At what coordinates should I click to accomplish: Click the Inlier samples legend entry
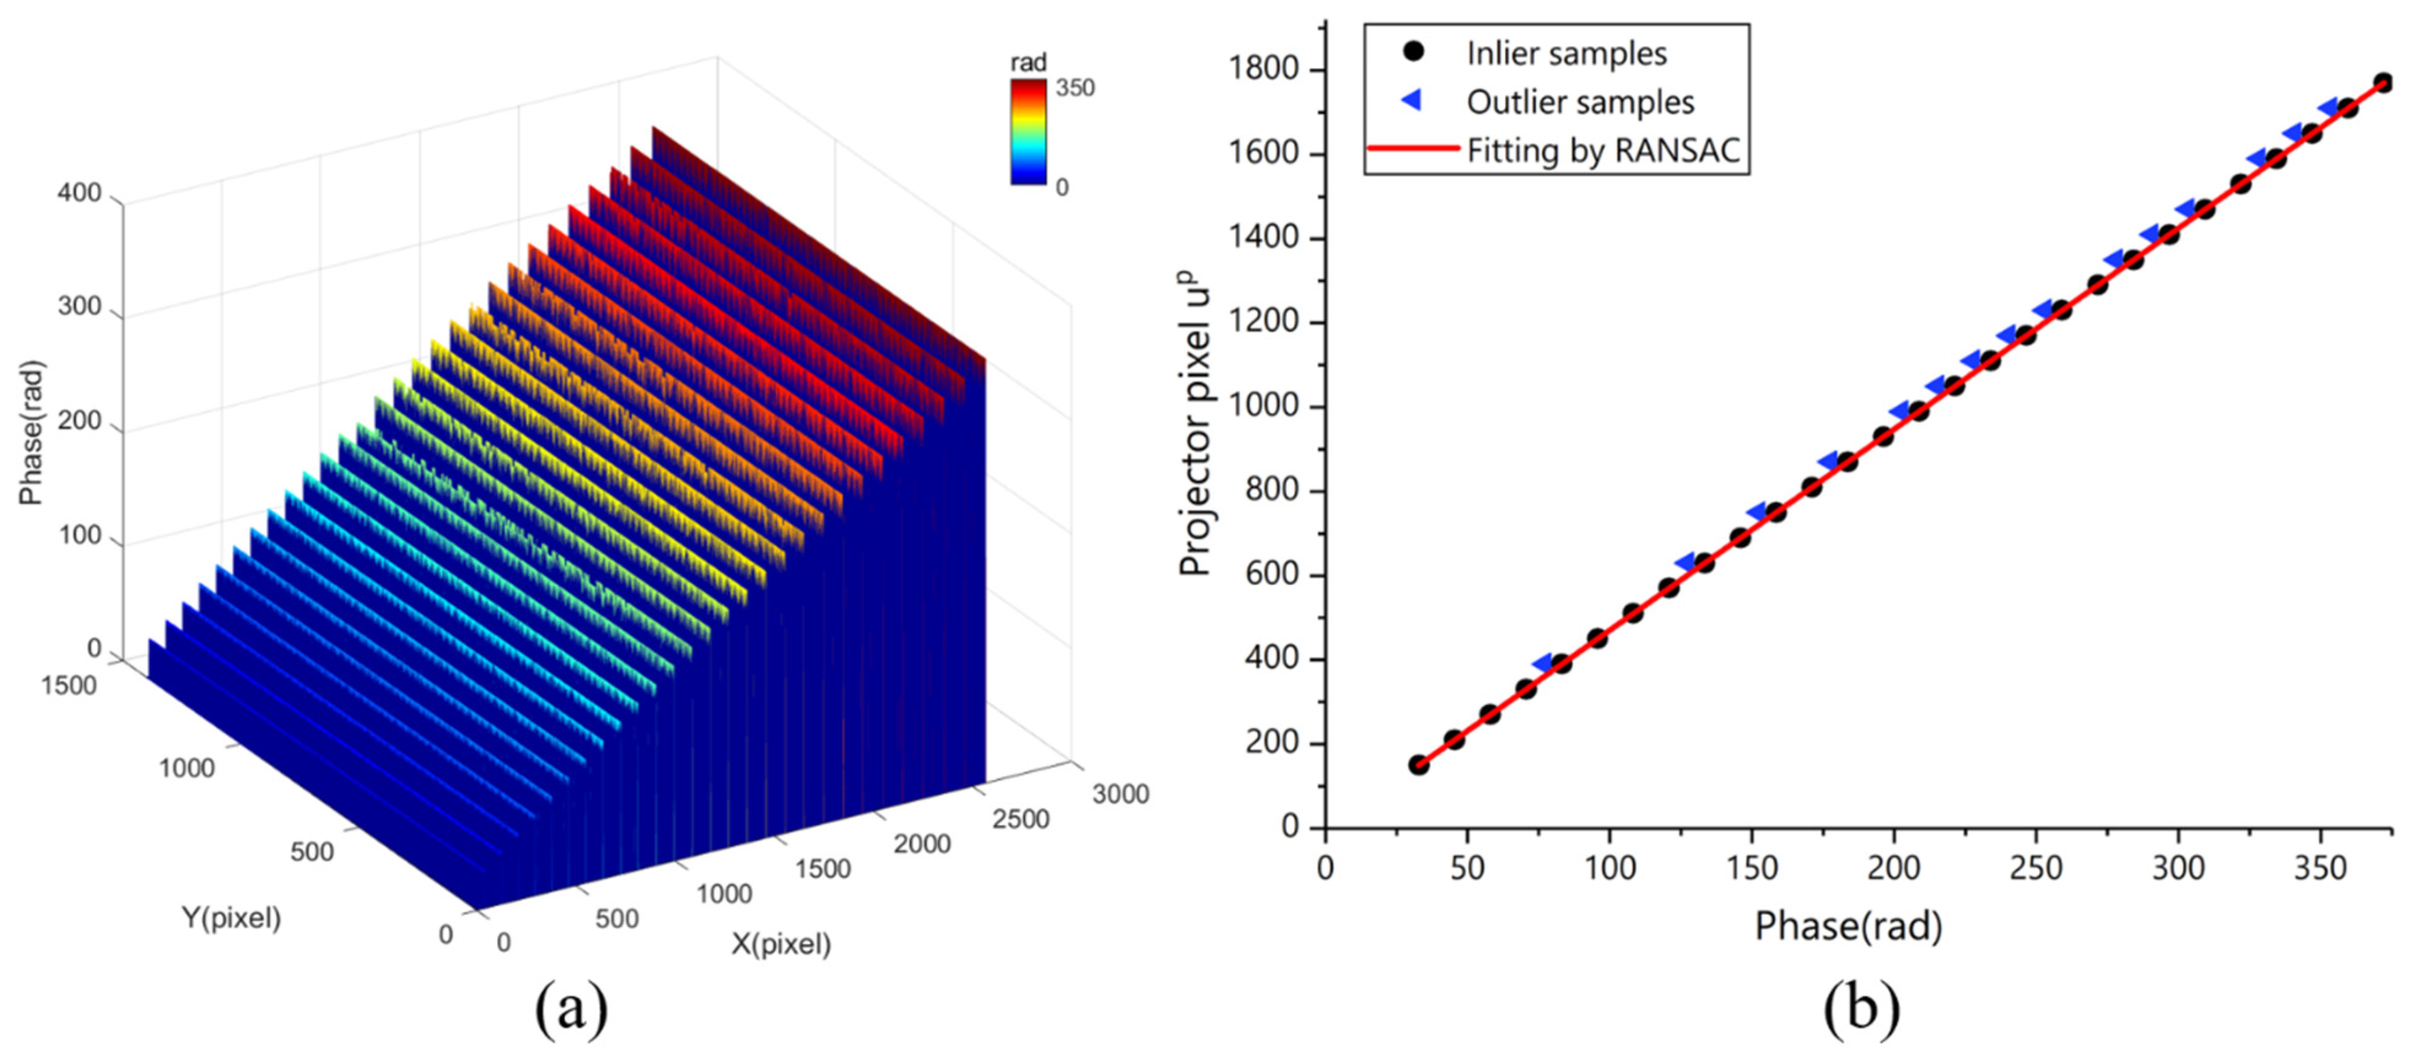pos(1566,53)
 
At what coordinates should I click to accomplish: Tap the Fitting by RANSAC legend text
pos(1603,150)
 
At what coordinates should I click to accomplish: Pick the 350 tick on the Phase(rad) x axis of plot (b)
pos(2320,868)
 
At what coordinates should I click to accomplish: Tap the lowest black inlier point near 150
pos(1419,765)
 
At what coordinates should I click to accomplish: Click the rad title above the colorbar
pos(1028,63)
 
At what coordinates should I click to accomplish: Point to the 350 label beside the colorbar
pos(1074,88)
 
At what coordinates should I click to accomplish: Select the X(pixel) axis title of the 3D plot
pos(781,944)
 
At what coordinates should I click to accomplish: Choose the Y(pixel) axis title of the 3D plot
pos(231,918)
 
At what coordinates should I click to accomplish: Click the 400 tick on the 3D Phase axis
pos(80,193)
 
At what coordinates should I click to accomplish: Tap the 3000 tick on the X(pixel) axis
pos(1120,794)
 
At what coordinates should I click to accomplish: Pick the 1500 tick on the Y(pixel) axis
pos(69,686)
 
